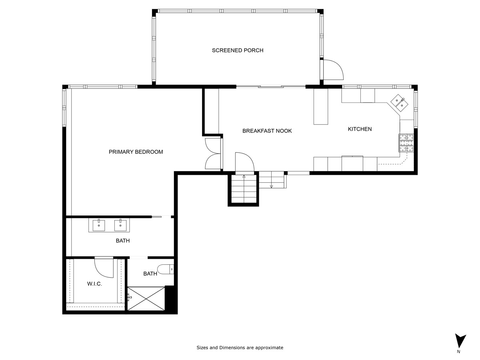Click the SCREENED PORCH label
[238, 50]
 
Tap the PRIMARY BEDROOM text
[136, 152]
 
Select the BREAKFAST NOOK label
[267, 131]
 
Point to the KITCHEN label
[360, 129]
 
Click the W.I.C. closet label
[94, 284]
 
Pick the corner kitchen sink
[399, 102]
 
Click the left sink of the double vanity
[99, 225]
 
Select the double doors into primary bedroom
[213, 154]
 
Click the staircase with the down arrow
[272, 180]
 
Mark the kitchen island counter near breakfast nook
[320, 106]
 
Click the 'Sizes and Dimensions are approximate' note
[240, 348]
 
